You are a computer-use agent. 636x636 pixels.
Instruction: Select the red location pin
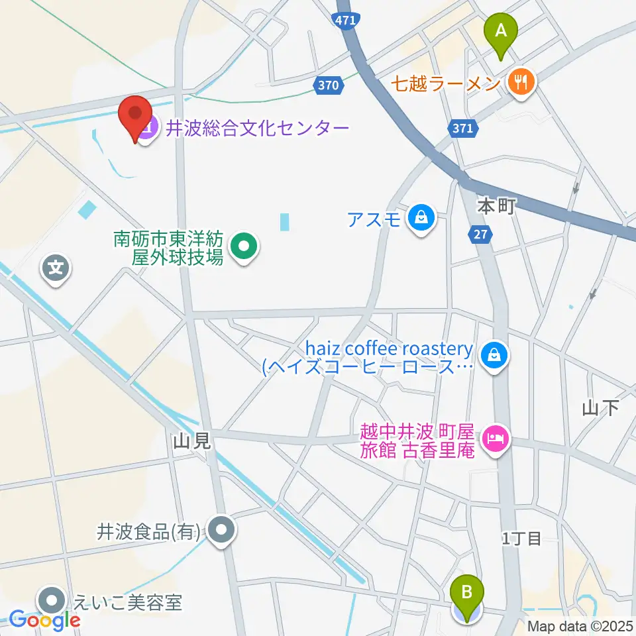tap(135, 117)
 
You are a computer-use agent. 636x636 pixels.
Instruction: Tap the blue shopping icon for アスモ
tap(421, 217)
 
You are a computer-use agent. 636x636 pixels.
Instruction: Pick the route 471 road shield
tap(345, 21)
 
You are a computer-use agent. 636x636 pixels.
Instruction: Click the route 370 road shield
tap(328, 85)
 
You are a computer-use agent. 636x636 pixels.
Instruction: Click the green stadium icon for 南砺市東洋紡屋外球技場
tap(244, 249)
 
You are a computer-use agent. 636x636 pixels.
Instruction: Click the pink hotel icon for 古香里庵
tap(495, 437)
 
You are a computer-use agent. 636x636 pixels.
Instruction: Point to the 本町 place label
tap(496, 207)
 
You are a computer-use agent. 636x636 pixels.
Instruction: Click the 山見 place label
tap(193, 441)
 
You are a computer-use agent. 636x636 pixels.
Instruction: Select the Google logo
tap(44, 620)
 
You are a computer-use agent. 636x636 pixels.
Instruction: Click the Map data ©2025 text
tap(580, 625)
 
